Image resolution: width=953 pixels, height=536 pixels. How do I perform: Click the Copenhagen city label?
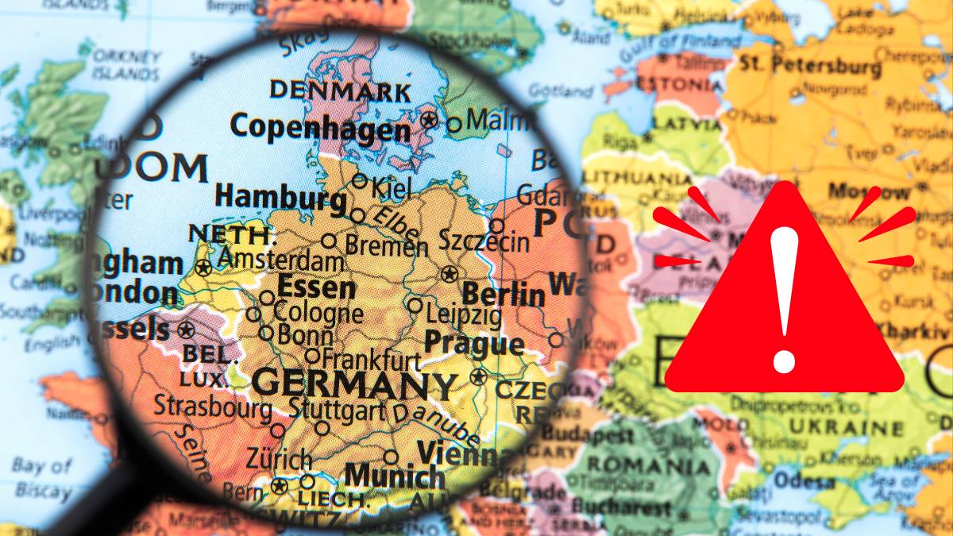coord(320,127)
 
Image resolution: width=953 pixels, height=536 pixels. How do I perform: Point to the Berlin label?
coord(504,295)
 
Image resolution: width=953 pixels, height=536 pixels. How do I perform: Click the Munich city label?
coord(395,476)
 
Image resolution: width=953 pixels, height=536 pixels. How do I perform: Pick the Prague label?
coord(474,344)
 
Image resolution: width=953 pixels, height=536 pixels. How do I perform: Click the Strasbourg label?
coord(212,407)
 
